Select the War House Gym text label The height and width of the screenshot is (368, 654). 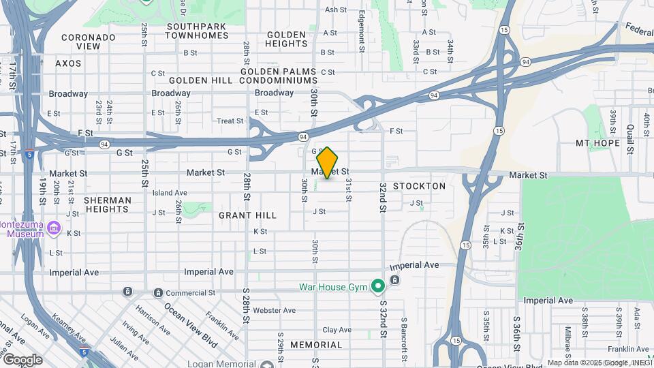(333, 287)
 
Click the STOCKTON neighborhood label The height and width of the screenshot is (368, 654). (419, 186)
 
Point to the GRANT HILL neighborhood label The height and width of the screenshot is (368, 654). (247, 215)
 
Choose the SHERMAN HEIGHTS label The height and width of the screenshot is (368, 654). (108, 205)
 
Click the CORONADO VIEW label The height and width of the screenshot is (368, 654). (89, 42)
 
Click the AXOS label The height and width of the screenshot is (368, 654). (68, 63)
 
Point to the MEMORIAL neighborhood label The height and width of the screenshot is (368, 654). (316, 345)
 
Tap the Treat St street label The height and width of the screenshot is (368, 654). (230, 121)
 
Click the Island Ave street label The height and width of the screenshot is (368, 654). (170, 193)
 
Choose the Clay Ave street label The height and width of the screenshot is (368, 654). (337, 330)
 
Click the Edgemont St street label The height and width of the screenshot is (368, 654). (361, 26)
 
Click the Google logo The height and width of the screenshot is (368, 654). (22, 360)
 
